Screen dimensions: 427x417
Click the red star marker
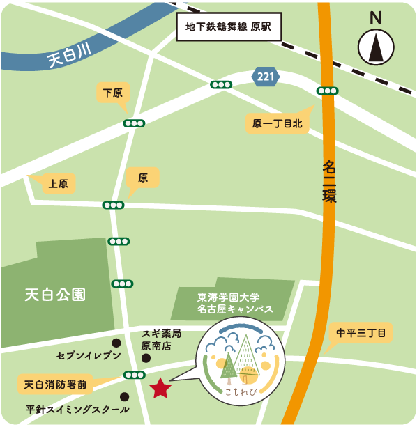point(161,387)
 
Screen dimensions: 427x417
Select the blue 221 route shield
point(265,77)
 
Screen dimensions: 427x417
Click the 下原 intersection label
point(112,93)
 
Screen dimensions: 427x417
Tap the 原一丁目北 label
point(278,124)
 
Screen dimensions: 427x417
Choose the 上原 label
point(58,185)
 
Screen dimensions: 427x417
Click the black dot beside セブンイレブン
point(116,343)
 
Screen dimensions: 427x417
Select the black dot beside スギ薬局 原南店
point(146,358)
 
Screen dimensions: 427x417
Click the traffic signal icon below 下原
point(134,123)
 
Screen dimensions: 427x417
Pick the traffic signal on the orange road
point(327,91)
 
